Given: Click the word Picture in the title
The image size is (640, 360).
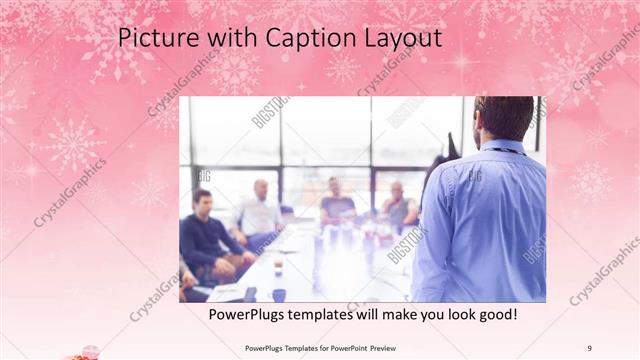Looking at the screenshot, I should (151, 39).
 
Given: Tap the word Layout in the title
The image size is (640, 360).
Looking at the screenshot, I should (400, 39).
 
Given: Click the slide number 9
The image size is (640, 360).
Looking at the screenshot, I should (589, 348).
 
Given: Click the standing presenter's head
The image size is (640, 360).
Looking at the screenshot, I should (504, 119).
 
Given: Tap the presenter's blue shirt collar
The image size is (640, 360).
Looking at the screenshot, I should (500, 147).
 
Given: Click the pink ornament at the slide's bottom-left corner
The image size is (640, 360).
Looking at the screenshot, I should (84, 352).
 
